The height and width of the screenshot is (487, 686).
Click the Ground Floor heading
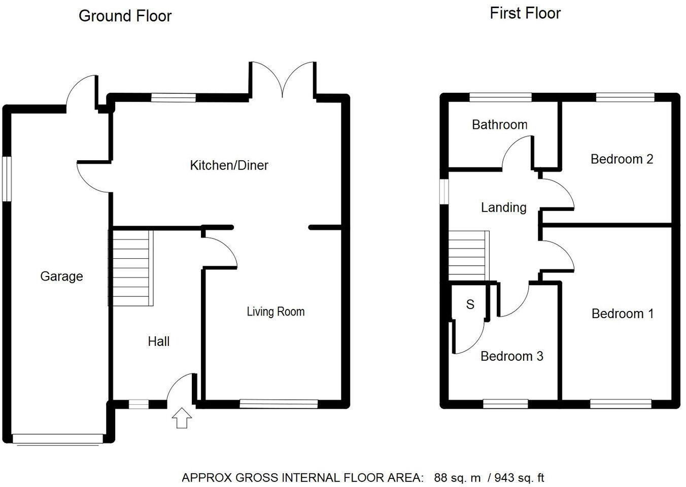125,16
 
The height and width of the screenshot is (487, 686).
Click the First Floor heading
525,13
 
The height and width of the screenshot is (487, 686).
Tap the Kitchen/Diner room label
229,165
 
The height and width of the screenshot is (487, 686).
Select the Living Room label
276,311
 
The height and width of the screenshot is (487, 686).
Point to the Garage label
61,276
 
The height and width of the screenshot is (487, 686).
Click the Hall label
158,341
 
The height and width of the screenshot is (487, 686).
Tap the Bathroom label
499,125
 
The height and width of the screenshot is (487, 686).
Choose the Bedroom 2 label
622,159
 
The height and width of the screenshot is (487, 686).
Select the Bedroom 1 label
622,314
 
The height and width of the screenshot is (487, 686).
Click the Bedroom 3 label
511,356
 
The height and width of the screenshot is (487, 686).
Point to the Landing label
503,207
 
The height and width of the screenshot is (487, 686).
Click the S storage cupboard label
470,304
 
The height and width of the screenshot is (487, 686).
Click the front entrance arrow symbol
182,419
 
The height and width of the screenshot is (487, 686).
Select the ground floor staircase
131,268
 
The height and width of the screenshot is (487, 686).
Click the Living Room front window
279,404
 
